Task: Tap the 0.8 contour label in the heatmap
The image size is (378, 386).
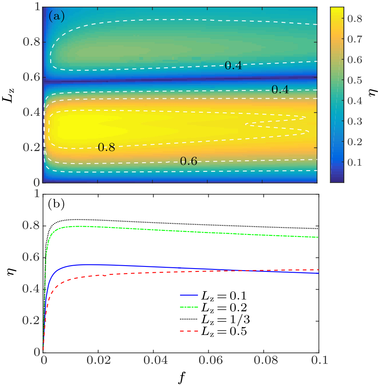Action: [106, 147]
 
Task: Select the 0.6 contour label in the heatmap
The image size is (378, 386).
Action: [188, 161]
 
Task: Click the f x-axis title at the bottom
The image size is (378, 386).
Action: [180, 377]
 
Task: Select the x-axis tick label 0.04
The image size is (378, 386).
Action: [153, 361]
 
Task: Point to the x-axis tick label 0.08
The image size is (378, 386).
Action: [263, 361]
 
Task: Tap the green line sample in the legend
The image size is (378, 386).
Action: [190, 308]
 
